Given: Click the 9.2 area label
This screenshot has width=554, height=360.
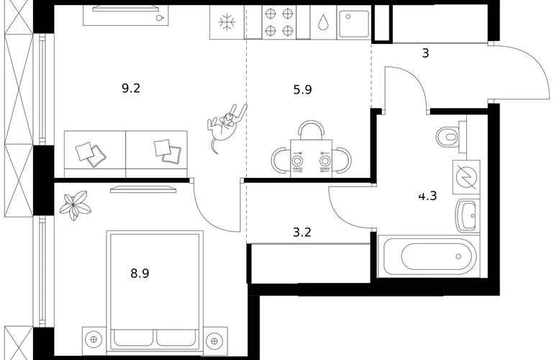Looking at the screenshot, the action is (x=131, y=88).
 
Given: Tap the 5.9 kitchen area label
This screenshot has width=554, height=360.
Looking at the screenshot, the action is (x=303, y=90).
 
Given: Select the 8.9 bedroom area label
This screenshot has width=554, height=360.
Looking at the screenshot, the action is (x=140, y=274).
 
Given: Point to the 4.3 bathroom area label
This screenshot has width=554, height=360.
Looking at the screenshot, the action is (x=427, y=196).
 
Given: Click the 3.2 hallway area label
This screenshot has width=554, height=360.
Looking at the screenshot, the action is (x=302, y=233).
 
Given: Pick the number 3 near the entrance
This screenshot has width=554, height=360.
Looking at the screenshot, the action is (x=426, y=53).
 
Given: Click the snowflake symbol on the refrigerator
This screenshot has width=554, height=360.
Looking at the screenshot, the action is (x=227, y=22).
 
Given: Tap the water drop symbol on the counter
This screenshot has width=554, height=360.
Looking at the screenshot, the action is (x=323, y=22).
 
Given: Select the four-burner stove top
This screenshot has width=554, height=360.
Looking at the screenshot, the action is (x=279, y=22).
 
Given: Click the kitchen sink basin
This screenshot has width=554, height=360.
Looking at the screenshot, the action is (x=354, y=23).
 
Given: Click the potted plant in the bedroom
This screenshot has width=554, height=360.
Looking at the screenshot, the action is (x=74, y=205).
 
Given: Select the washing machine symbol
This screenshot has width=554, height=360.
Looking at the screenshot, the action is (x=466, y=177).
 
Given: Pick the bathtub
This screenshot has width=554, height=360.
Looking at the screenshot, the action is (x=428, y=256).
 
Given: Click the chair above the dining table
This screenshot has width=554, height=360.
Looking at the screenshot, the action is (x=312, y=130).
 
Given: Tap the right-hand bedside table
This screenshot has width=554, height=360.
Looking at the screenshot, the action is (x=214, y=341).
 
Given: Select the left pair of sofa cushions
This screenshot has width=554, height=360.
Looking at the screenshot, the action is (x=91, y=154).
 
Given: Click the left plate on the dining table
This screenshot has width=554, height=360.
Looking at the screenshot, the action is (x=297, y=161).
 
